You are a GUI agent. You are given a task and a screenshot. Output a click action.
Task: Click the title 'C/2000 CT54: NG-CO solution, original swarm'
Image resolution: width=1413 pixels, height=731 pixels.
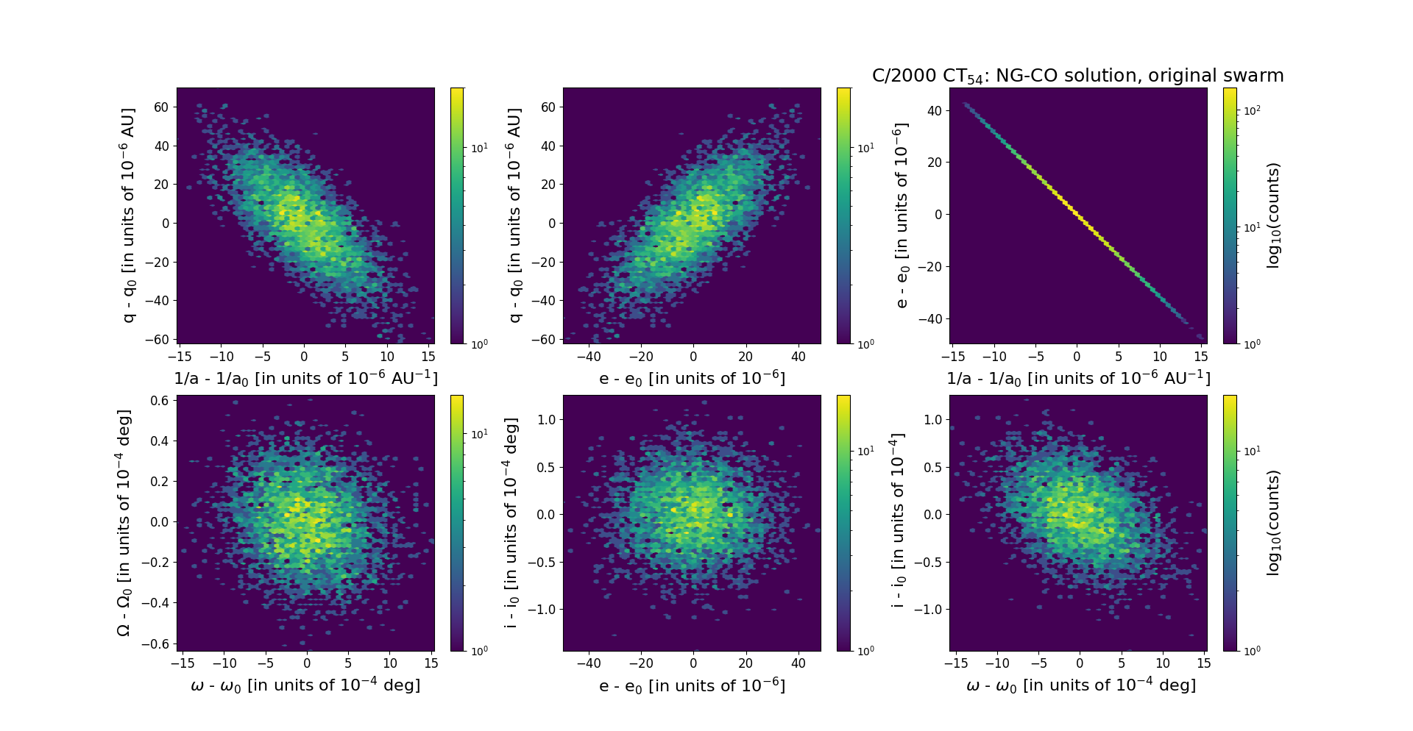pos(1077,76)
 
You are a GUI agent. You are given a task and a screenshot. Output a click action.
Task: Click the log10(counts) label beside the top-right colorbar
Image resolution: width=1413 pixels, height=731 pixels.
pos(1274,215)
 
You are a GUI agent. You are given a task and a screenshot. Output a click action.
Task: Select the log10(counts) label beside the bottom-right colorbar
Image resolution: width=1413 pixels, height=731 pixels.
pos(1274,522)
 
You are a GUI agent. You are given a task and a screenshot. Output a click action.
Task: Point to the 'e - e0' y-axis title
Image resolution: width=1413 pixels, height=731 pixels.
pos(902,215)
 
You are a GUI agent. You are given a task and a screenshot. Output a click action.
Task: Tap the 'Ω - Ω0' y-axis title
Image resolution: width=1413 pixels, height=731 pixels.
pos(124,522)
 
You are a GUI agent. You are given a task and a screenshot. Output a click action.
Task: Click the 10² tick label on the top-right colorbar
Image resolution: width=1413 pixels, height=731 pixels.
pos(1251,110)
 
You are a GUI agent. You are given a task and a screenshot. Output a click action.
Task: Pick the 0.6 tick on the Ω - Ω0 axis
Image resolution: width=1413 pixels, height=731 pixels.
pos(160,401)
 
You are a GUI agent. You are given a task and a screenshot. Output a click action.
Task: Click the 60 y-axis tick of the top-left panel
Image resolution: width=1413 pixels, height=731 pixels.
pos(161,107)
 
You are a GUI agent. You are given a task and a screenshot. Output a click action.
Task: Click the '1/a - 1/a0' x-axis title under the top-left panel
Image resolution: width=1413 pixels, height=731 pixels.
pos(305,379)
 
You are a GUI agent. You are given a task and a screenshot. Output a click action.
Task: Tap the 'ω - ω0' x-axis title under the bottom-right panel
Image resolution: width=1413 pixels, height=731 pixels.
pos(1080,685)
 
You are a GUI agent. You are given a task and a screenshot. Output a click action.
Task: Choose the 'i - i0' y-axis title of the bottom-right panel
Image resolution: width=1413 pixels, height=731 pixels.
pos(898,522)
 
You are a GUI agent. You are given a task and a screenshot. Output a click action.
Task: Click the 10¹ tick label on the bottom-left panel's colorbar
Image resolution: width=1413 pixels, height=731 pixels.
pos(479,434)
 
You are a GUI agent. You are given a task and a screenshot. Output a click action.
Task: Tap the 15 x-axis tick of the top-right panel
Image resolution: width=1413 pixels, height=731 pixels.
pos(1200,357)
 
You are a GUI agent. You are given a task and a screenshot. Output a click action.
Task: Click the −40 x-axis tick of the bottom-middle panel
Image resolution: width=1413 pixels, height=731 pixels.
pos(589,663)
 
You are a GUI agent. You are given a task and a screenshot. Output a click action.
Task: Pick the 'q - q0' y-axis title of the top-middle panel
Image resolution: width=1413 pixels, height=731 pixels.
pos(515,215)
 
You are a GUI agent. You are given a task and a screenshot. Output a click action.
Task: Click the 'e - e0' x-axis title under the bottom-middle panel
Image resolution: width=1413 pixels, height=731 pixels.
pos(692,685)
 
